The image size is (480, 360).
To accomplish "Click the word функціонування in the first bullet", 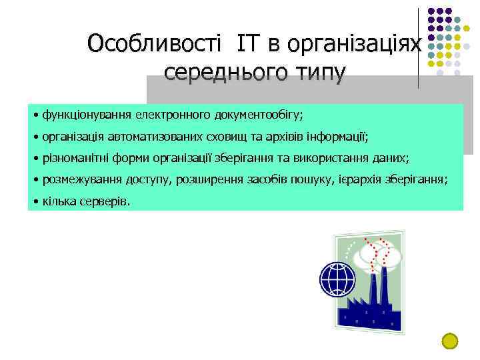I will point(87,114).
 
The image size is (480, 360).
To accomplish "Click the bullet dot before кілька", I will point(35,201).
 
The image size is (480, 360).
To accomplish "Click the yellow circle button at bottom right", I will point(450,341).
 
